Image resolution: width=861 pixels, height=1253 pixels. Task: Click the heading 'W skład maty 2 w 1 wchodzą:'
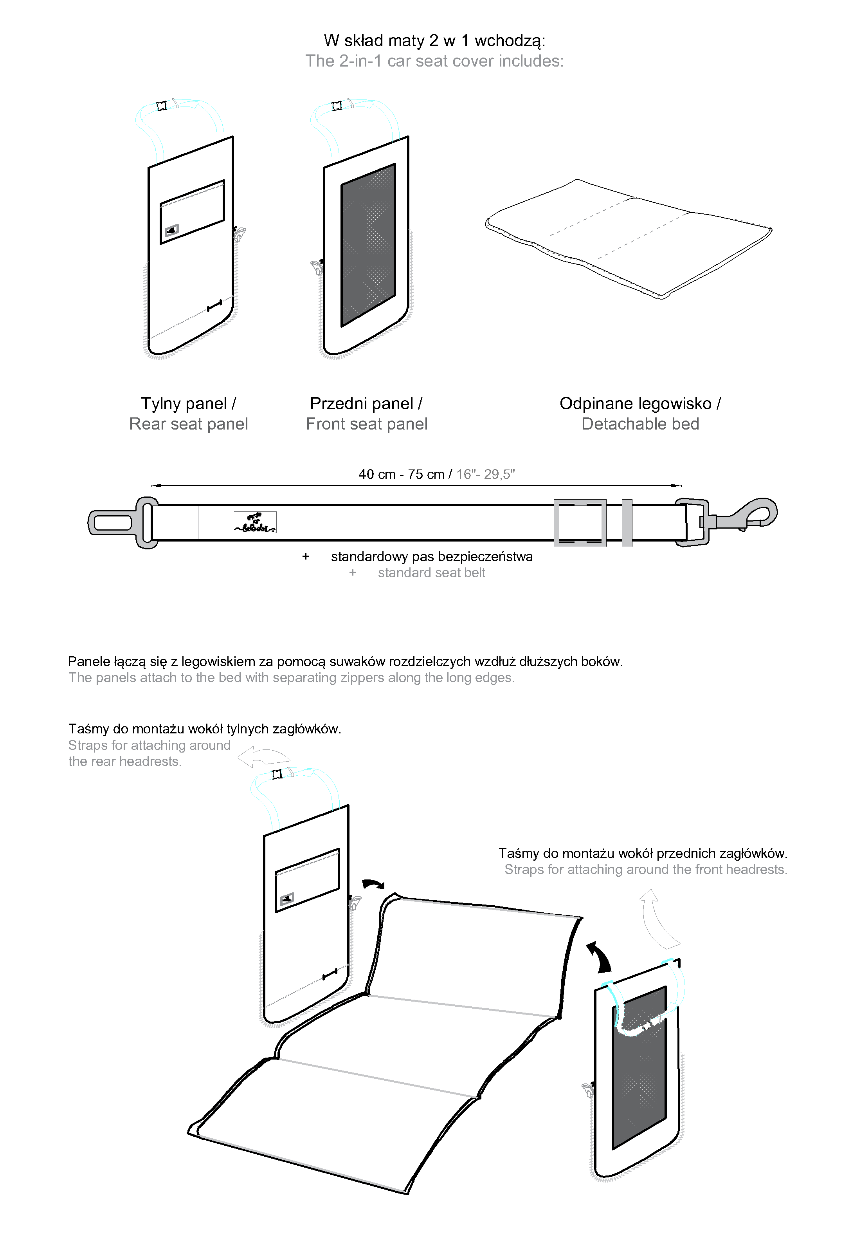pos(434,40)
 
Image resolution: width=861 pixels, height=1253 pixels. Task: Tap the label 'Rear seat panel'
pos(188,424)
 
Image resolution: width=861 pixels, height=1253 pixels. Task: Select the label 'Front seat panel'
pos(366,424)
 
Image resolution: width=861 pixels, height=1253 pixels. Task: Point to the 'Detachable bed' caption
pos(640,424)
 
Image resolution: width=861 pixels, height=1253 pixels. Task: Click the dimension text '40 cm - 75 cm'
pos(402,474)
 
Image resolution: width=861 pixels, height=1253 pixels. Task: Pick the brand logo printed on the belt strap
pos(255,522)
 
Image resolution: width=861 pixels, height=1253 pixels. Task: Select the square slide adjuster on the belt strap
pos(580,522)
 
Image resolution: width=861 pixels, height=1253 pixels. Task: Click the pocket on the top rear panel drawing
pos(192,211)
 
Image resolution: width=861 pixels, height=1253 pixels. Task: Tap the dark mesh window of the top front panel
pos(368,246)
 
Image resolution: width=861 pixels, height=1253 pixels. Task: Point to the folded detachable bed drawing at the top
pos(629,237)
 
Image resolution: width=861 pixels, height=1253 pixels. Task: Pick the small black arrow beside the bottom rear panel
pos(373,884)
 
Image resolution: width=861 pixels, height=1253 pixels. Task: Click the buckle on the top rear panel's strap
pos(161,106)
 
